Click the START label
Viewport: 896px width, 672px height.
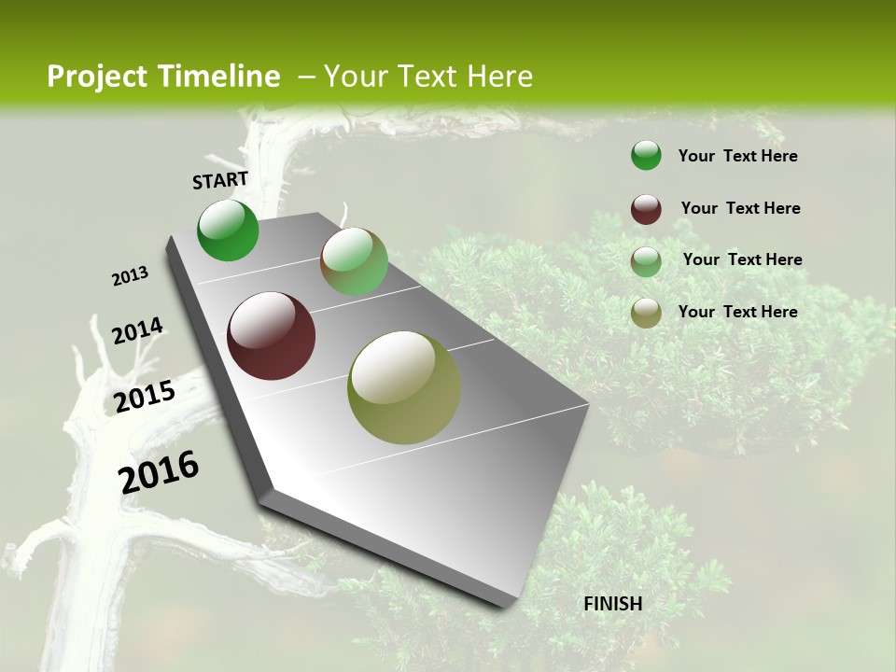tap(220, 180)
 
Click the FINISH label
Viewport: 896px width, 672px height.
tap(613, 604)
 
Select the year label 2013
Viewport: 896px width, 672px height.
tap(130, 276)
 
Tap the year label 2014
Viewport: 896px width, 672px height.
tap(137, 330)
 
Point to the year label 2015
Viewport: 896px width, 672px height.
tap(145, 397)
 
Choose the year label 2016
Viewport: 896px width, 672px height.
tap(159, 471)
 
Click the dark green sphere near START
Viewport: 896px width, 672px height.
tap(228, 231)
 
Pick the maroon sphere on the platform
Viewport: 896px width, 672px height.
tap(272, 336)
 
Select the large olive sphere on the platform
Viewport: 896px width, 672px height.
tap(404, 387)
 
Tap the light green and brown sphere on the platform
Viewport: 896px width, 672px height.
tap(354, 261)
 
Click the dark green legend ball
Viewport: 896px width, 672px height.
tap(646, 155)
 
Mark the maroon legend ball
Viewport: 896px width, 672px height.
tap(646, 209)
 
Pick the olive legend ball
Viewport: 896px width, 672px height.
tap(646, 313)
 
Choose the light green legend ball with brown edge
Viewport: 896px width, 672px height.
tap(646, 261)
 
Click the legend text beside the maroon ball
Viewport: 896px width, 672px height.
tap(740, 208)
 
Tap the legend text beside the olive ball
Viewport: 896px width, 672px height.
tap(737, 312)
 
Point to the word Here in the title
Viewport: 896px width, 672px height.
tap(499, 77)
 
